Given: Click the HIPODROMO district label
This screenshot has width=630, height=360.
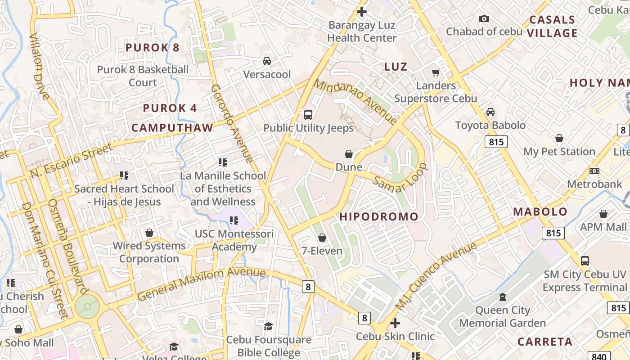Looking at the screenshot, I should click(379, 216).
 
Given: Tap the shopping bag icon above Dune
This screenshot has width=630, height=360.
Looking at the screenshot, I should click(348, 154).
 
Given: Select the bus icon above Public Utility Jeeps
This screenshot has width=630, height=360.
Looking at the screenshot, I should click(308, 115).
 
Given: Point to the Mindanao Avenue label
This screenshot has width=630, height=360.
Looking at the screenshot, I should click(355, 102).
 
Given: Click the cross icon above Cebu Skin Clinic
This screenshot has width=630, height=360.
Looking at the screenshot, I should click(395, 323).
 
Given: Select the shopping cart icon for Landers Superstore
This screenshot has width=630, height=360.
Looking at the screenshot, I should click(436, 72).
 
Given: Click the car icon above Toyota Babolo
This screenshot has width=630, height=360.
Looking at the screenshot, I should click(490, 112).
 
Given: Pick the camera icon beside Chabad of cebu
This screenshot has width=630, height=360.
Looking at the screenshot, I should click(484, 18).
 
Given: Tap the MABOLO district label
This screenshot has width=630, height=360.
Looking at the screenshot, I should click(540, 212).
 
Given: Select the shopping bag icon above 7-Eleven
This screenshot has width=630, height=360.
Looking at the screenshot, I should click(322, 238).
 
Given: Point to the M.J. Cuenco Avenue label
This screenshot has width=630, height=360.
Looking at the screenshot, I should click(435, 276).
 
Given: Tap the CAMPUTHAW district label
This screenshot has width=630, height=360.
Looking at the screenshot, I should click(172, 128).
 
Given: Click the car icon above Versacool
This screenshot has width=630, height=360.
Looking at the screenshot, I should click(267, 61).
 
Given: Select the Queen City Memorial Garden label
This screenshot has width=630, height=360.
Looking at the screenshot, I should click(502, 316).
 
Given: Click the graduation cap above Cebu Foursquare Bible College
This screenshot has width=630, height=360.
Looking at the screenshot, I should click(268, 326).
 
